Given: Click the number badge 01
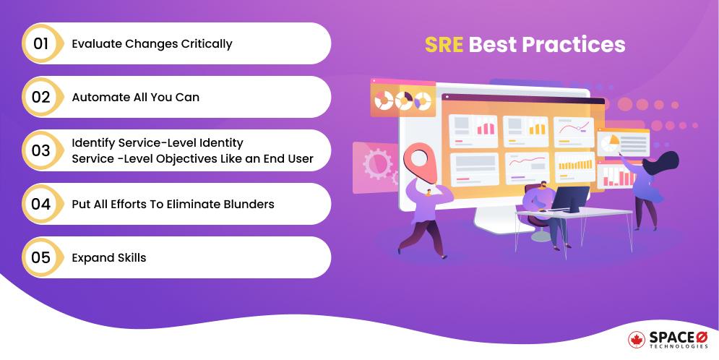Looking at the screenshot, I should pos(41,43).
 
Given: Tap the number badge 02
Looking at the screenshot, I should pos(41,97).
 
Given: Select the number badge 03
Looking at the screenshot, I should pos(41,150).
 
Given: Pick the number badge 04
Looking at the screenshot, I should pos(41,204).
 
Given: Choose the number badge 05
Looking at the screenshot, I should pos(41,257).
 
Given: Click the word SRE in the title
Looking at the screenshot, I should pos(444,45).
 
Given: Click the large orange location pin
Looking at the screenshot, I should pos(418,160).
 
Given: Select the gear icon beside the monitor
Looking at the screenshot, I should pos(377,166).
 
